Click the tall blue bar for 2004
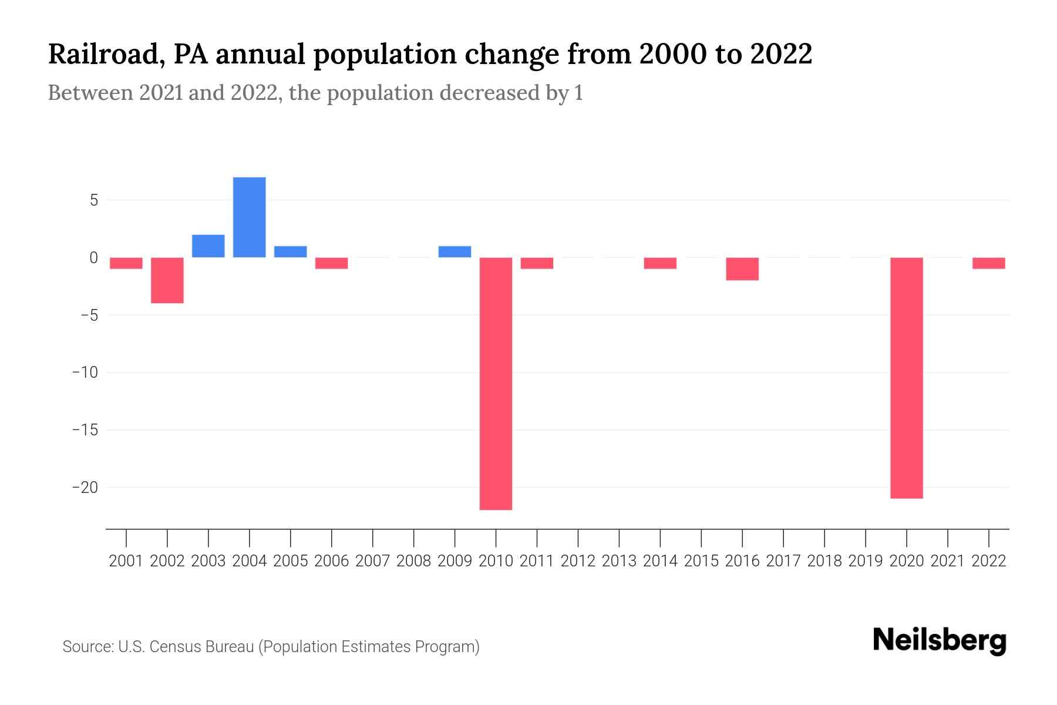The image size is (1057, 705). tap(249, 217)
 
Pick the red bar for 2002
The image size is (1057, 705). tap(167, 280)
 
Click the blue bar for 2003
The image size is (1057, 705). tap(208, 246)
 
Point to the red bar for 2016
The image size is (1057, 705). tap(742, 269)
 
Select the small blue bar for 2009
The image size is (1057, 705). tap(455, 252)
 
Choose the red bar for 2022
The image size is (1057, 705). tap(988, 263)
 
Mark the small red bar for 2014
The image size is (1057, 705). tap(660, 263)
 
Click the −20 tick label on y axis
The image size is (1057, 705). tap(85, 488)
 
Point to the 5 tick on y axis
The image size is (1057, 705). tap(94, 200)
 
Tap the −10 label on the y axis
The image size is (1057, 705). tap(85, 372)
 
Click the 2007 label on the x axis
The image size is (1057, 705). tap(372, 561)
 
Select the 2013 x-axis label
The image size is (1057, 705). tap(619, 561)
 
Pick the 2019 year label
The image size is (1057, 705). tap(865, 561)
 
